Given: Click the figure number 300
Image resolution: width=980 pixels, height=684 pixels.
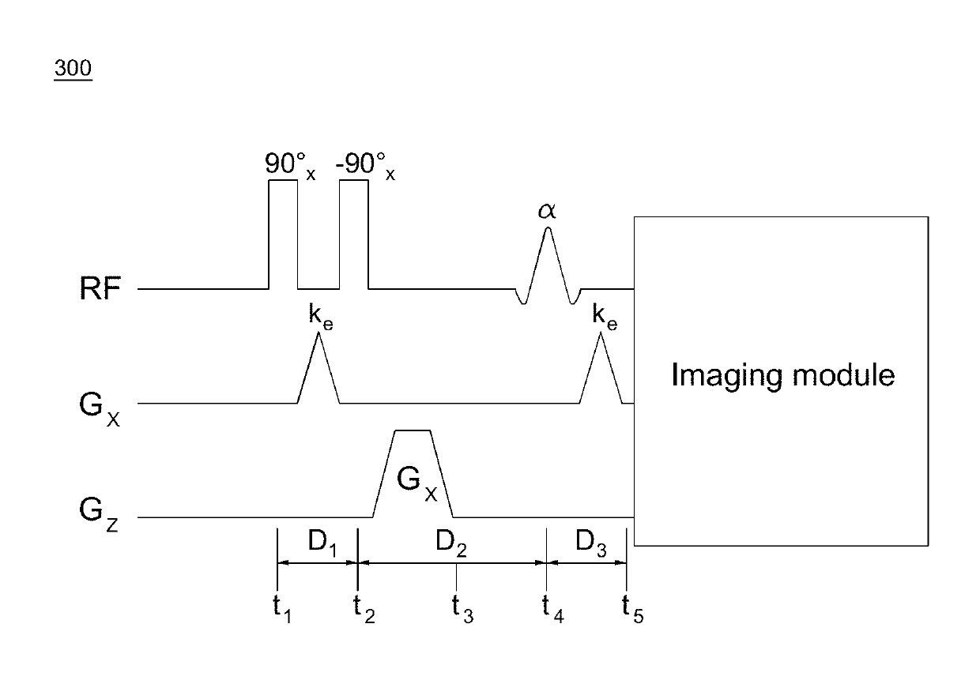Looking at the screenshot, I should (72, 70).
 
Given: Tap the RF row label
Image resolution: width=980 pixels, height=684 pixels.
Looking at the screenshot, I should (101, 289).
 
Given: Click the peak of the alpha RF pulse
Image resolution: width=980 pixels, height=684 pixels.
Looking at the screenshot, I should (548, 231).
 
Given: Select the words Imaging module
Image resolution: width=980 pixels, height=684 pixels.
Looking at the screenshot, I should (782, 374).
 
